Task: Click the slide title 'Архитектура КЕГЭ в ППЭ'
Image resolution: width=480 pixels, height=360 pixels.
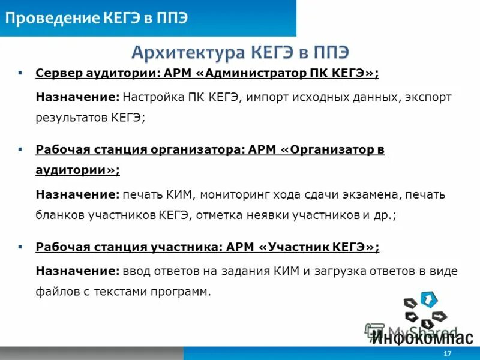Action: [240, 52]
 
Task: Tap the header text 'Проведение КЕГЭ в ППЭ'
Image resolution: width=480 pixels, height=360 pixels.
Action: [96, 18]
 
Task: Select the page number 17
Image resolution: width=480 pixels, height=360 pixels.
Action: [447, 353]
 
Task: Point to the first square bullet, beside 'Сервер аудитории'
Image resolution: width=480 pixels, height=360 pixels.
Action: [20, 73]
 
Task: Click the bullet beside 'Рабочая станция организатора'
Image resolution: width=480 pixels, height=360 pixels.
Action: [20, 148]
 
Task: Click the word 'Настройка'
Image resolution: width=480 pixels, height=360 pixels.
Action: [153, 97]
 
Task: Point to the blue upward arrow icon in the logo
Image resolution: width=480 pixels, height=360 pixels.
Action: [428, 298]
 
